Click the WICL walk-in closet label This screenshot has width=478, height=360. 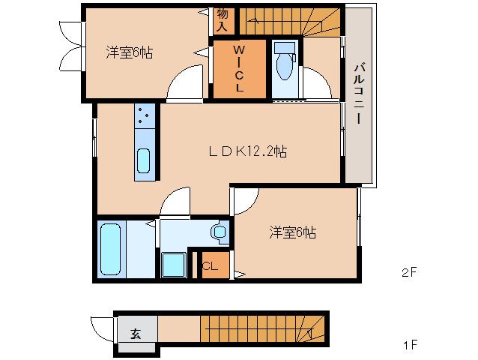coord(239,69)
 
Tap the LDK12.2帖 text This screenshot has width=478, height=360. coord(248,151)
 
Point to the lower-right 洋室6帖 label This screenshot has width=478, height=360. coord(293,232)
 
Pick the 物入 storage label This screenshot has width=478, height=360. coord(222,19)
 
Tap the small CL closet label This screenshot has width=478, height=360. coord(210,265)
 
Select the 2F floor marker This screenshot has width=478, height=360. coord(408,274)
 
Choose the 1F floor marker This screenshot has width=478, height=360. coord(409,346)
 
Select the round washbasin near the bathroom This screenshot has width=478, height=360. coord(220,232)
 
